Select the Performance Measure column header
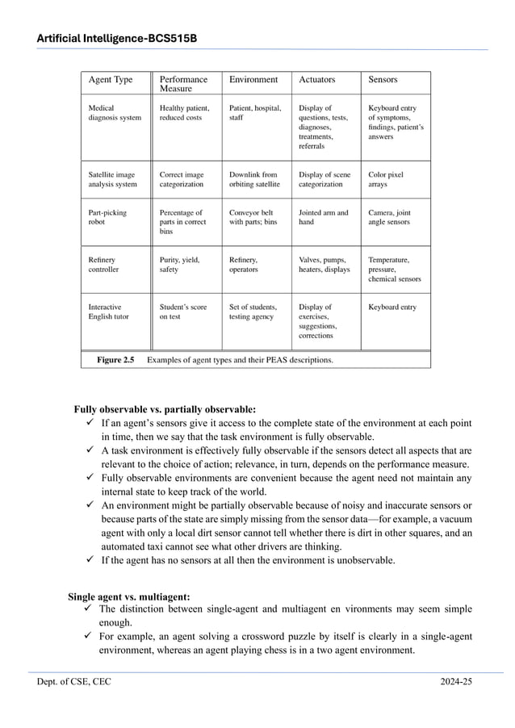coord(183,84)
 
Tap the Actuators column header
coord(316,80)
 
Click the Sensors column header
coord(383,80)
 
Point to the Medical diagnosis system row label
coord(115,113)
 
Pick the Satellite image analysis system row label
coord(112,179)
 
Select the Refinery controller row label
coord(103,265)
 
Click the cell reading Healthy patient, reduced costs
coord(184,113)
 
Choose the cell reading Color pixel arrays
coord(386,179)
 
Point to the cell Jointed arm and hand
coord(323,217)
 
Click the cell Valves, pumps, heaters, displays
coord(324,265)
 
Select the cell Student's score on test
coord(183,312)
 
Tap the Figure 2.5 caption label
coord(115,360)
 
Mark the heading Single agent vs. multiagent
coord(128,596)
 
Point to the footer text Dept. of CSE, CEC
coord(73,682)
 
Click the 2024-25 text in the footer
coord(456,682)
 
